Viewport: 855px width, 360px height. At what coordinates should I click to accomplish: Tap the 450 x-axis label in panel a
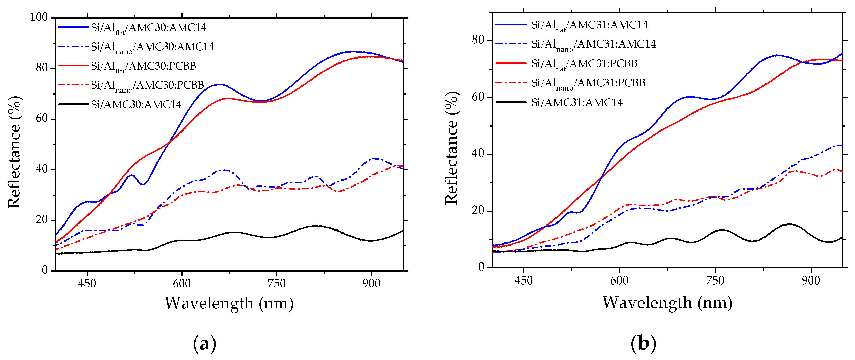[x=87, y=283]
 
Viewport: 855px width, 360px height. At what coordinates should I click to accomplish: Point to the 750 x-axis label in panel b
[x=715, y=281]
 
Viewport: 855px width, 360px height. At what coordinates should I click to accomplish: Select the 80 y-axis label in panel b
[x=478, y=40]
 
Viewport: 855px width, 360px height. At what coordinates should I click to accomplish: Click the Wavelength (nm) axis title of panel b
[x=667, y=302]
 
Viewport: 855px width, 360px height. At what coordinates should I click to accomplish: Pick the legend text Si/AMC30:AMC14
[x=136, y=104]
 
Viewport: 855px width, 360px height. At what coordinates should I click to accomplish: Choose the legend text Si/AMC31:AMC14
[x=577, y=102]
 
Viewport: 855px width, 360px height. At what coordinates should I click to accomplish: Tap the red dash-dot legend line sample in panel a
[x=73, y=85]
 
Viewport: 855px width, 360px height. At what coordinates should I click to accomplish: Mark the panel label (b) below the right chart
[x=643, y=343]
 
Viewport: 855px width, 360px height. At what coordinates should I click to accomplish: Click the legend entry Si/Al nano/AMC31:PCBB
[x=588, y=83]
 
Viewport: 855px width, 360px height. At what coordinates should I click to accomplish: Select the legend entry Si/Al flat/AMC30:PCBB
[x=143, y=66]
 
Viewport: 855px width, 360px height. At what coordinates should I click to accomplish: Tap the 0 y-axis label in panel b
[x=481, y=267]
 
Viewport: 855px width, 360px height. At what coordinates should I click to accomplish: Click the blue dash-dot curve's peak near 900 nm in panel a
[x=375, y=158]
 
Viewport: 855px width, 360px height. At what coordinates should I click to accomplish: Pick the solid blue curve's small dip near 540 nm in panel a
[x=143, y=184]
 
